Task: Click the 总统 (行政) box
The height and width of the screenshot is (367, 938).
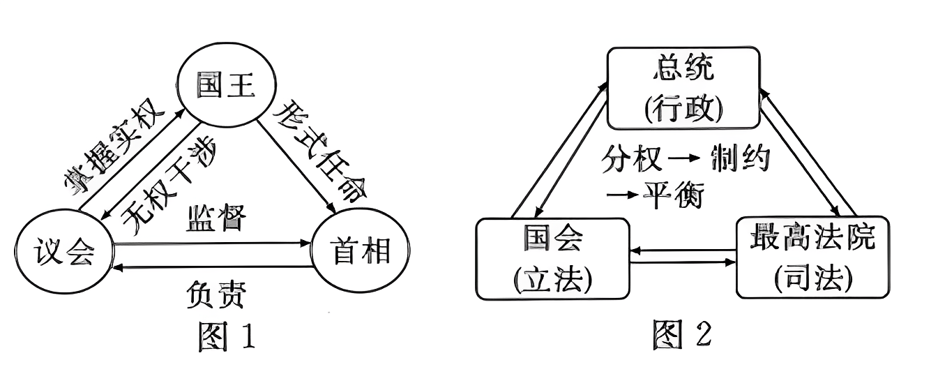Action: (x=683, y=88)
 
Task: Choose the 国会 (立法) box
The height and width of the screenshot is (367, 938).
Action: (x=552, y=258)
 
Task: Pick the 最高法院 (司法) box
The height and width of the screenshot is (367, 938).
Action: (x=812, y=257)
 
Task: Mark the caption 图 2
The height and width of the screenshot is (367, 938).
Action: (x=682, y=334)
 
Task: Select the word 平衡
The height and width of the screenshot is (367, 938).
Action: (x=672, y=195)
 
